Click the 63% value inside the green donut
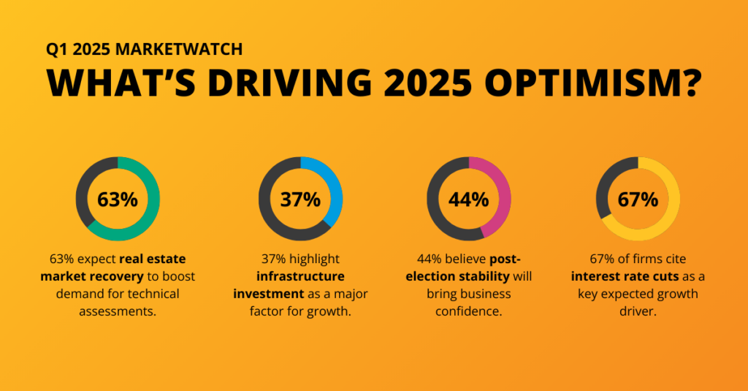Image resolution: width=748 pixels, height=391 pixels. point(118,200)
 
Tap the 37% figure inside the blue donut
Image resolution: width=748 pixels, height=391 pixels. point(300,200)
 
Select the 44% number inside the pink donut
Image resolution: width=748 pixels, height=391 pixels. point(468,200)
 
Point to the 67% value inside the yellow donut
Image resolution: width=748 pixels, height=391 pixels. point(638,200)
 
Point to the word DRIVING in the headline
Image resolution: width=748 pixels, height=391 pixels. point(289,83)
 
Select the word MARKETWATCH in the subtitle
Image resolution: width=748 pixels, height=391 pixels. point(179,49)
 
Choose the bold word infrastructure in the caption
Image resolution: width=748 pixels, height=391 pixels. point(300,276)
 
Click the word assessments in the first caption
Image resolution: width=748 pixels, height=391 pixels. point(118,311)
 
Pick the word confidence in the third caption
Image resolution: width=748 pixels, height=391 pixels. point(468,312)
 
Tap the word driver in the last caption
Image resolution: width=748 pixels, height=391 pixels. point(638,312)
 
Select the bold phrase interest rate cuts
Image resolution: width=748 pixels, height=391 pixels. point(625,276)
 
